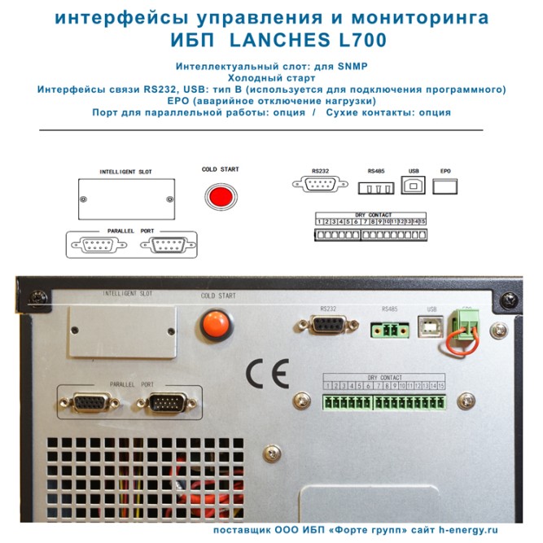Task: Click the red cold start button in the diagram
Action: coord(219,197)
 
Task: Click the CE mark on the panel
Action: coord(267,374)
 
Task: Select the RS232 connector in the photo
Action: coord(327,326)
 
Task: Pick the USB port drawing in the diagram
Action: coord(413,186)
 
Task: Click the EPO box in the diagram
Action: coord(444,186)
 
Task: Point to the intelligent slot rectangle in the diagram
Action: coord(125,199)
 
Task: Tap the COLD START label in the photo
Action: coord(218,296)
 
